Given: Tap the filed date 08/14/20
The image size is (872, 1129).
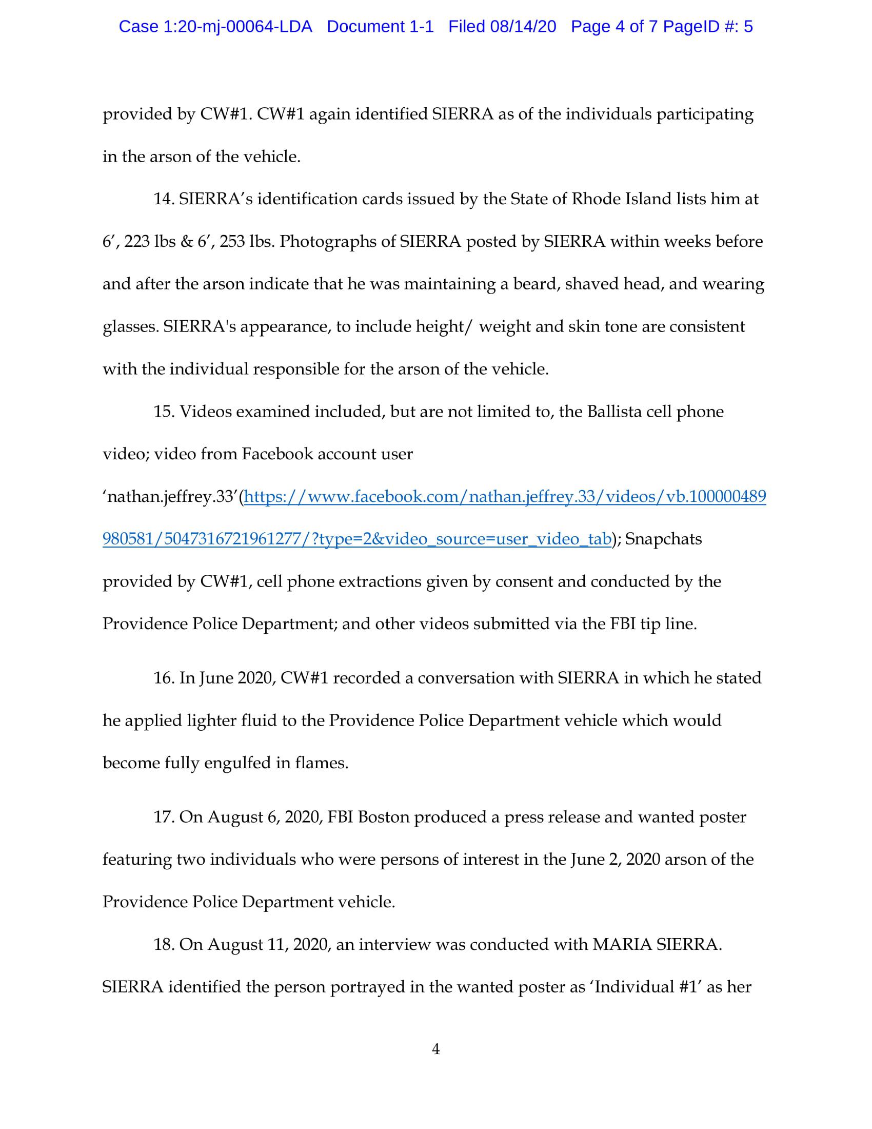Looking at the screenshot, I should tap(523, 27).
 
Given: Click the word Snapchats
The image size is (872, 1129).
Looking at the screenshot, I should tap(663, 539).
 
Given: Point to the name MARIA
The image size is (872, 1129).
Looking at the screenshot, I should tap(622, 944).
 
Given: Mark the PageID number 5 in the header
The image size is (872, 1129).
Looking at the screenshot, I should tap(748, 27).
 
